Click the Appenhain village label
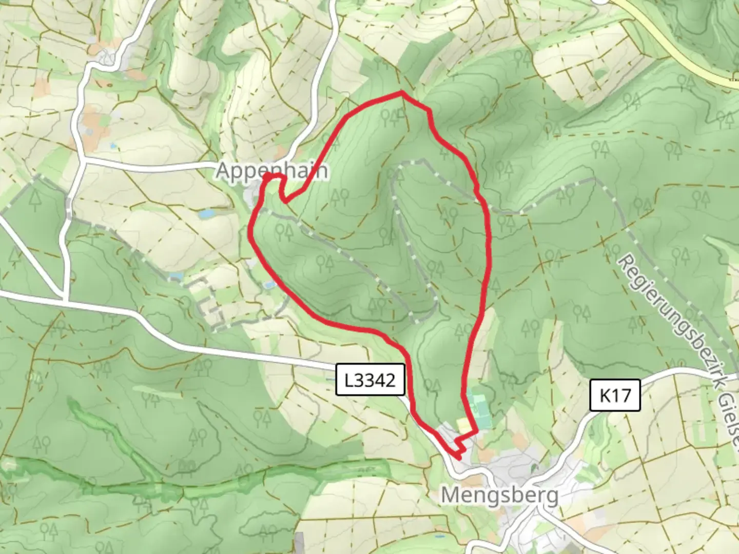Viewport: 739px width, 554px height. (271, 170)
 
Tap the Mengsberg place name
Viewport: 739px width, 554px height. (500, 496)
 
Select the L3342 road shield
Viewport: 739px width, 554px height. (371, 380)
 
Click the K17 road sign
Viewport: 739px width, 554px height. (615, 395)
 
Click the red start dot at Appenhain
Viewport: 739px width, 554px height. (267, 177)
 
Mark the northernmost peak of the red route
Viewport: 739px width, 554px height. (401, 92)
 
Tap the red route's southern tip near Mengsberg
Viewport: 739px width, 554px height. (457, 457)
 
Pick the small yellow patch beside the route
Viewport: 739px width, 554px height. (463, 425)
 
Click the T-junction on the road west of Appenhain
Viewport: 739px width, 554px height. (82, 162)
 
